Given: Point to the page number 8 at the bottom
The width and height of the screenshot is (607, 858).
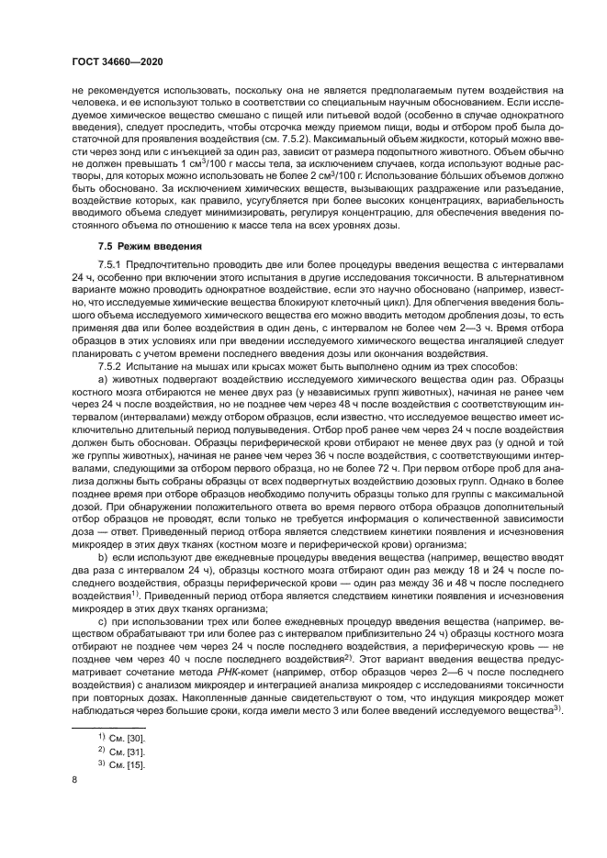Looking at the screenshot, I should pyautogui.click(x=75, y=781).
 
